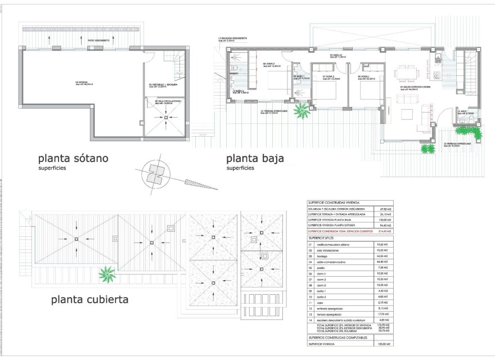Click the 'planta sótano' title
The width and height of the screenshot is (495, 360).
[73, 158]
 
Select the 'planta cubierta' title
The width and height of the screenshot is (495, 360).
[90, 300]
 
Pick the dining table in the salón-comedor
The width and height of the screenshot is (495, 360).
[406, 73]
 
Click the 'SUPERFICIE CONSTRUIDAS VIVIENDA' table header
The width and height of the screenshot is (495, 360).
[335, 202]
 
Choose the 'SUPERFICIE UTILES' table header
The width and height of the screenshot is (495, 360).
[322, 238]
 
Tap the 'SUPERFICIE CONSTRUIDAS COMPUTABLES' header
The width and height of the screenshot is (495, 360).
[337, 337]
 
